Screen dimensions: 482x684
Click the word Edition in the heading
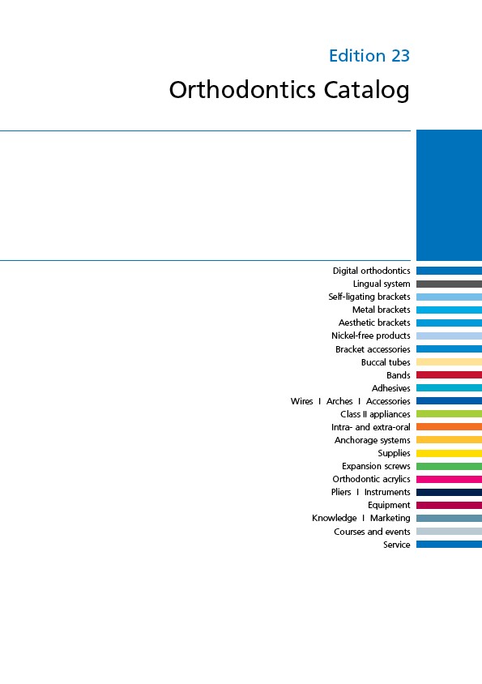[x=357, y=56]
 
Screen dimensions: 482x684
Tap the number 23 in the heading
[x=400, y=56]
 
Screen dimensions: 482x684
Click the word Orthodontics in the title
[x=242, y=89]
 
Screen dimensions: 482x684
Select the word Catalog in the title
[x=366, y=90]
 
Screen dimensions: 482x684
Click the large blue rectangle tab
[x=449, y=195]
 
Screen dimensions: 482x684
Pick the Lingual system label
[x=382, y=284]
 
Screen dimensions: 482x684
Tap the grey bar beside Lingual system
[x=449, y=284]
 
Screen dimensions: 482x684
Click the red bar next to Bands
[x=449, y=374]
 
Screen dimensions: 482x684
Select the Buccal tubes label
[x=386, y=362]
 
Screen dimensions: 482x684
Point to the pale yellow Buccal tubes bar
[x=449, y=361]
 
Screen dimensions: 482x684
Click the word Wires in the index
[x=302, y=401]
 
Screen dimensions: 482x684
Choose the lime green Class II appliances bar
[x=449, y=413]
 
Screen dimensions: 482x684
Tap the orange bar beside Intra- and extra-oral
[x=449, y=426]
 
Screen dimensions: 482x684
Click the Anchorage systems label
[x=373, y=440]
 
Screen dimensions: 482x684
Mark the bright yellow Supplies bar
[x=449, y=453]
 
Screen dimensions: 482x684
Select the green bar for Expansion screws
[x=449, y=466]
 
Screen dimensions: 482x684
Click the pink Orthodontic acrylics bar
[x=449, y=479]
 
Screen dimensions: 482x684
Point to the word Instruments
[x=387, y=492]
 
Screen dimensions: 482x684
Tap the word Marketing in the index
[x=390, y=518]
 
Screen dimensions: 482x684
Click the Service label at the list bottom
[x=396, y=545]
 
